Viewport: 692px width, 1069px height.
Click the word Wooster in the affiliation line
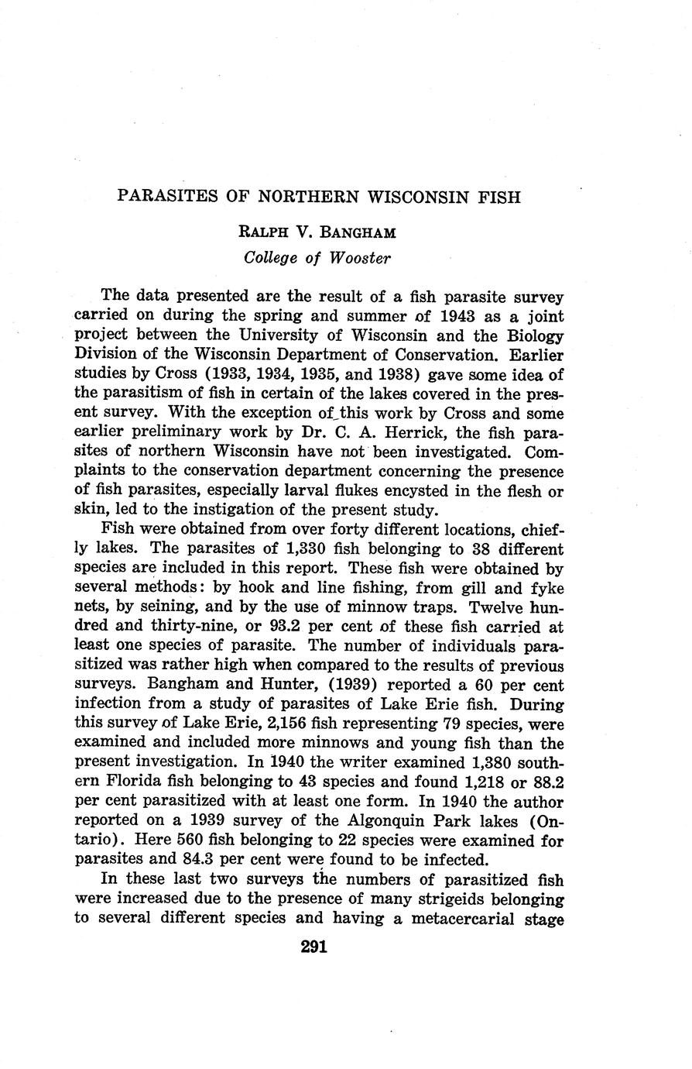[360, 258]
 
